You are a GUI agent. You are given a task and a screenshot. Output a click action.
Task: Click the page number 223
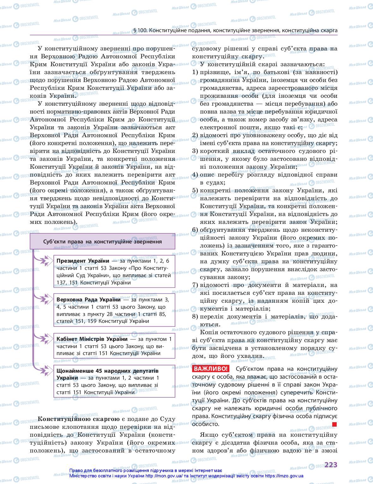(331, 464)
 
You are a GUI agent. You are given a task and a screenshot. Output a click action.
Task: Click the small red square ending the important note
(334, 424)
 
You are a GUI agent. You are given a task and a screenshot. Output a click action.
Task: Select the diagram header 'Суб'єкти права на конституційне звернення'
(102, 242)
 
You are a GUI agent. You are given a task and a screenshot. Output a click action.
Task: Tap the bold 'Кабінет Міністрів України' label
(92, 339)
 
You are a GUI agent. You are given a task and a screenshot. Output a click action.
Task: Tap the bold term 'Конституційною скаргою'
(79, 419)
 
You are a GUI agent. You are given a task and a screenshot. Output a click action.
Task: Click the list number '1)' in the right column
(195, 72)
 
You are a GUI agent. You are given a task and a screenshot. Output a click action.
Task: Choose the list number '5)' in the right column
(195, 190)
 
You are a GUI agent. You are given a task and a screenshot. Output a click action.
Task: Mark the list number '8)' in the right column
(195, 316)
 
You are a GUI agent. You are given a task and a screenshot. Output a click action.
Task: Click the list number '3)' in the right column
(195, 151)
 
